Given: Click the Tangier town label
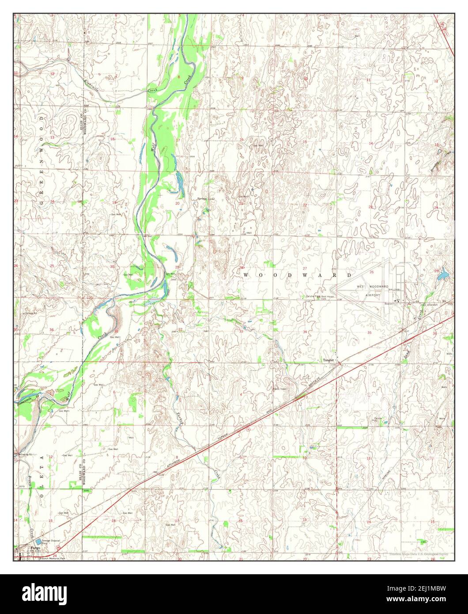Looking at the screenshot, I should coord(328,360).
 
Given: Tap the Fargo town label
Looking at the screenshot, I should coord(34,548).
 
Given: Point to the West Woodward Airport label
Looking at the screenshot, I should coord(373,291).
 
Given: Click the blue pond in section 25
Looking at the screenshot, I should coord(442,277).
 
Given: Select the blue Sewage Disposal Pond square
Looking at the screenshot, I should coord(39,541).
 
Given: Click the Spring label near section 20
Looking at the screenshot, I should coord(201,199).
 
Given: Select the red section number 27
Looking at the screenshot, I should coord(305,268).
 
